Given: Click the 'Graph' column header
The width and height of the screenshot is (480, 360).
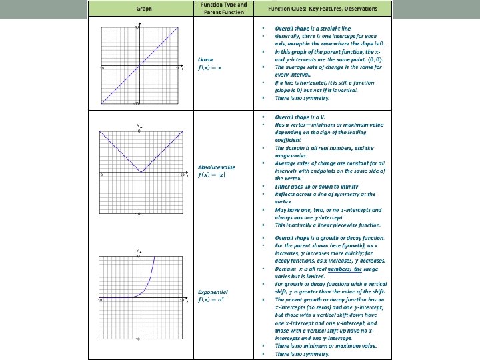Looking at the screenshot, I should [143, 9].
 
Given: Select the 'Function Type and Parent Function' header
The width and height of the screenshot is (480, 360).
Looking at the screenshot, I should [223, 8].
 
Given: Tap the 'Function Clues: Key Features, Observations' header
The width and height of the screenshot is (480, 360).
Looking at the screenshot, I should [322, 9].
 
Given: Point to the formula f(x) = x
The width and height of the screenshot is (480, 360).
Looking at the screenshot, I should [210, 67].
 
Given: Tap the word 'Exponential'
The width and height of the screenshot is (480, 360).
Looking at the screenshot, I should [213, 291].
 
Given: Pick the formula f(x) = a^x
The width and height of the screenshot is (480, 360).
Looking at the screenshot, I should [212, 299].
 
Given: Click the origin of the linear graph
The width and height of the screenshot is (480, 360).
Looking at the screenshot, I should [139, 65].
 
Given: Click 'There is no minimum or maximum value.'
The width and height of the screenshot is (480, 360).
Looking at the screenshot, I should [326, 345].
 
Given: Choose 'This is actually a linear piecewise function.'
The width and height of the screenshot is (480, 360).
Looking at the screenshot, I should [328, 225].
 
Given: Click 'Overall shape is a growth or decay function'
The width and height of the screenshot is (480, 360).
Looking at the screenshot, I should [329, 237].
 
